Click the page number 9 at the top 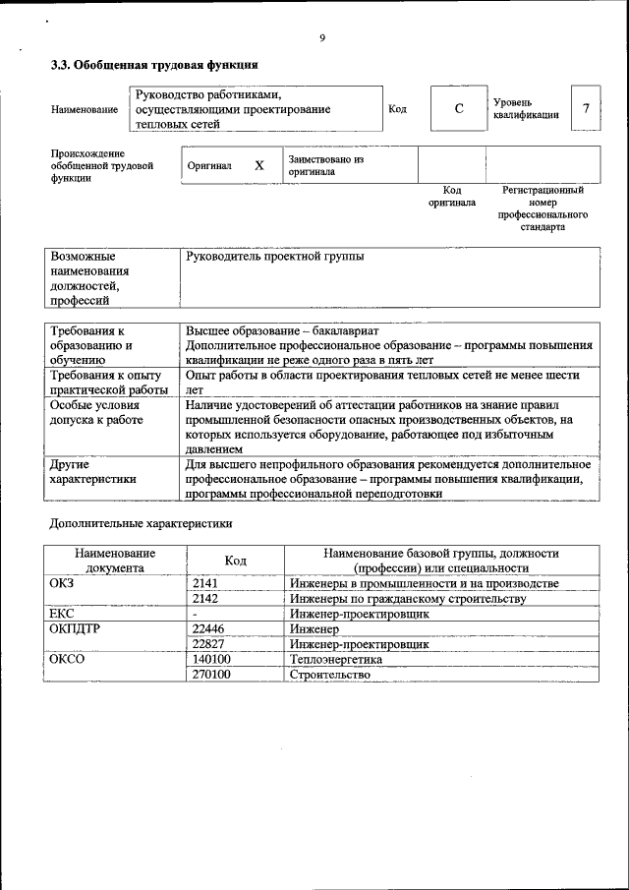point(322,38)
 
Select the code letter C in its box point(459,108)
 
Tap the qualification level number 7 point(586,108)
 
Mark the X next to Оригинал point(259,165)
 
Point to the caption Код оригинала point(452,196)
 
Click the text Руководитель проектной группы point(274,257)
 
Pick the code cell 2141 point(204,583)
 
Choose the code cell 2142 point(204,598)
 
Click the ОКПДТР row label point(75,628)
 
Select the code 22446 point(209,628)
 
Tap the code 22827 point(209,644)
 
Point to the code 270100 point(211,675)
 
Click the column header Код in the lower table point(235,561)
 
